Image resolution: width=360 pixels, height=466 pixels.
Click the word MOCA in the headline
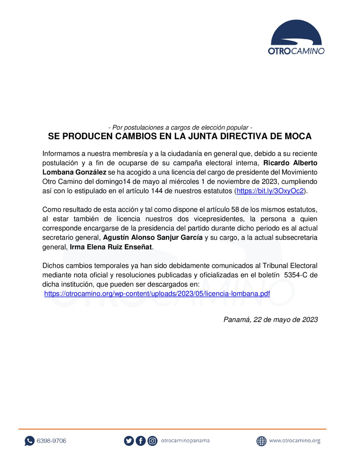coord(297,137)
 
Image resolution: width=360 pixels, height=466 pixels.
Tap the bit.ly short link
coord(269,191)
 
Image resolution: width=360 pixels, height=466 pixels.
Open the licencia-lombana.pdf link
coord(157,293)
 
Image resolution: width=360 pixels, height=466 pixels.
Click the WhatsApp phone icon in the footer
coord(29,441)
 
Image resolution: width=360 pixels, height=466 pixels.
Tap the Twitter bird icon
coord(129,441)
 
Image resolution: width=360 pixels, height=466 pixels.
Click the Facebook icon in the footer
coord(141,441)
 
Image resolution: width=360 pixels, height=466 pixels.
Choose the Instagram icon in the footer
coord(152,441)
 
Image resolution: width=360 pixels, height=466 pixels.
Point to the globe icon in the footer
coord(261,441)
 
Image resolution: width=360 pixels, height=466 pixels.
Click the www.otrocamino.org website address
coord(295,441)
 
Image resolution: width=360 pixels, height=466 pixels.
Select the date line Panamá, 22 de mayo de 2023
coord(270,319)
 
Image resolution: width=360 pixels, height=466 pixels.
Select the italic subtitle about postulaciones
coord(180,127)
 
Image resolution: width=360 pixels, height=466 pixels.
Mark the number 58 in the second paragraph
coord(231,210)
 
